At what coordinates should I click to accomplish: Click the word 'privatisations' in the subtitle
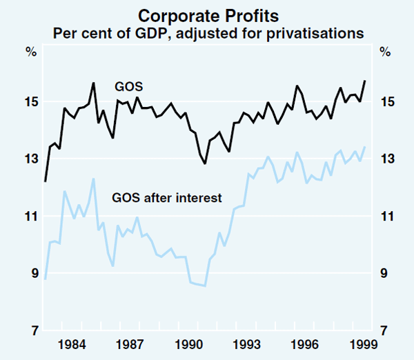324,32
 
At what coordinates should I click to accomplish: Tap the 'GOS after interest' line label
166,198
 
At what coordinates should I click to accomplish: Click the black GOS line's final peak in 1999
364,81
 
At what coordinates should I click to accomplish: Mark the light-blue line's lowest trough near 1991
205,286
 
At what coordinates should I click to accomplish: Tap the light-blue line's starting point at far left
45,279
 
